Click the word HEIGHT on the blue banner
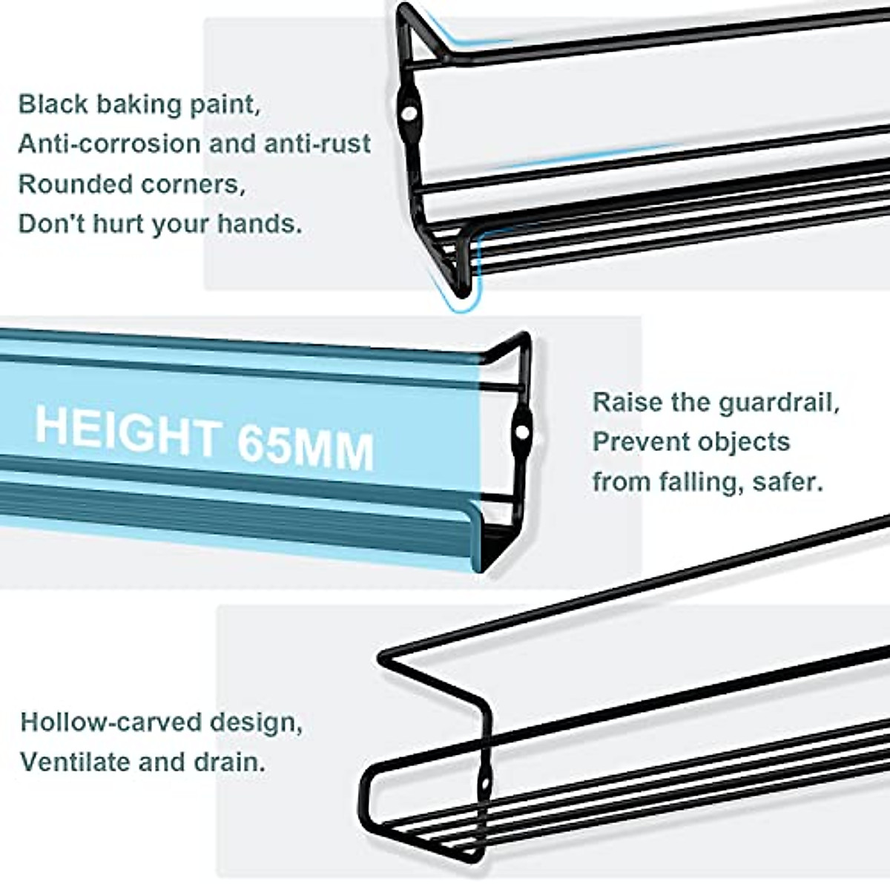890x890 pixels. tap(126, 430)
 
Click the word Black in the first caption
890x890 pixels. tap(52, 104)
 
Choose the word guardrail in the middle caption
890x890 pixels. tap(779, 403)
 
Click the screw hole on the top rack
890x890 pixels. tap(409, 113)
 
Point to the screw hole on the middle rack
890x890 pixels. tap(523, 432)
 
